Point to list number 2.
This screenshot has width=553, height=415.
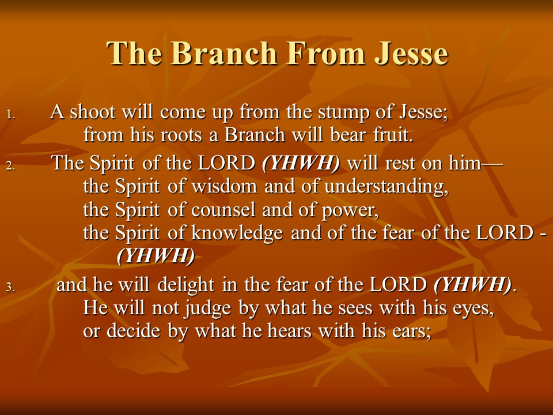click(x=10, y=165)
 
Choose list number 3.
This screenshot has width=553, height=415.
click(x=10, y=287)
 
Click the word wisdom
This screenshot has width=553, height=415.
click(x=224, y=186)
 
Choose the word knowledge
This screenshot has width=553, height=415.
click(x=237, y=233)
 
